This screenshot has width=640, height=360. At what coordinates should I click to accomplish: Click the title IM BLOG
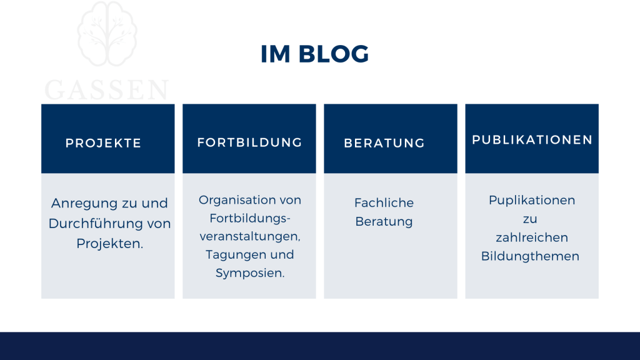click(314, 54)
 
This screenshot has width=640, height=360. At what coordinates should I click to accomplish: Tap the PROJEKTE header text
click(104, 143)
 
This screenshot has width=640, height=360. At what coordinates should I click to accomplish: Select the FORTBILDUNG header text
click(249, 142)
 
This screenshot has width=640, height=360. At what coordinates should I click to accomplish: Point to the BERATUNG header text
click(384, 143)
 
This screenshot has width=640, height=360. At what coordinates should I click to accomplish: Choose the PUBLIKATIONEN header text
click(532, 140)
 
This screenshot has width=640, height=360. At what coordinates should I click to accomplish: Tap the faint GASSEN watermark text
click(107, 90)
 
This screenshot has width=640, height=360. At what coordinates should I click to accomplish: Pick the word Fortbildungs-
click(250, 218)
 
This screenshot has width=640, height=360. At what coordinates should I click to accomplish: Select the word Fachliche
click(384, 203)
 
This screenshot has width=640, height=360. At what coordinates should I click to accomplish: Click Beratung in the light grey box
click(384, 221)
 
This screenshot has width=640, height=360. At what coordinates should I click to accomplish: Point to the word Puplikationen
click(532, 201)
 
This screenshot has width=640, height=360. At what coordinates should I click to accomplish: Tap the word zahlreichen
click(532, 237)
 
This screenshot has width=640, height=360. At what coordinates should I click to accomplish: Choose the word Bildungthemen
click(530, 256)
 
